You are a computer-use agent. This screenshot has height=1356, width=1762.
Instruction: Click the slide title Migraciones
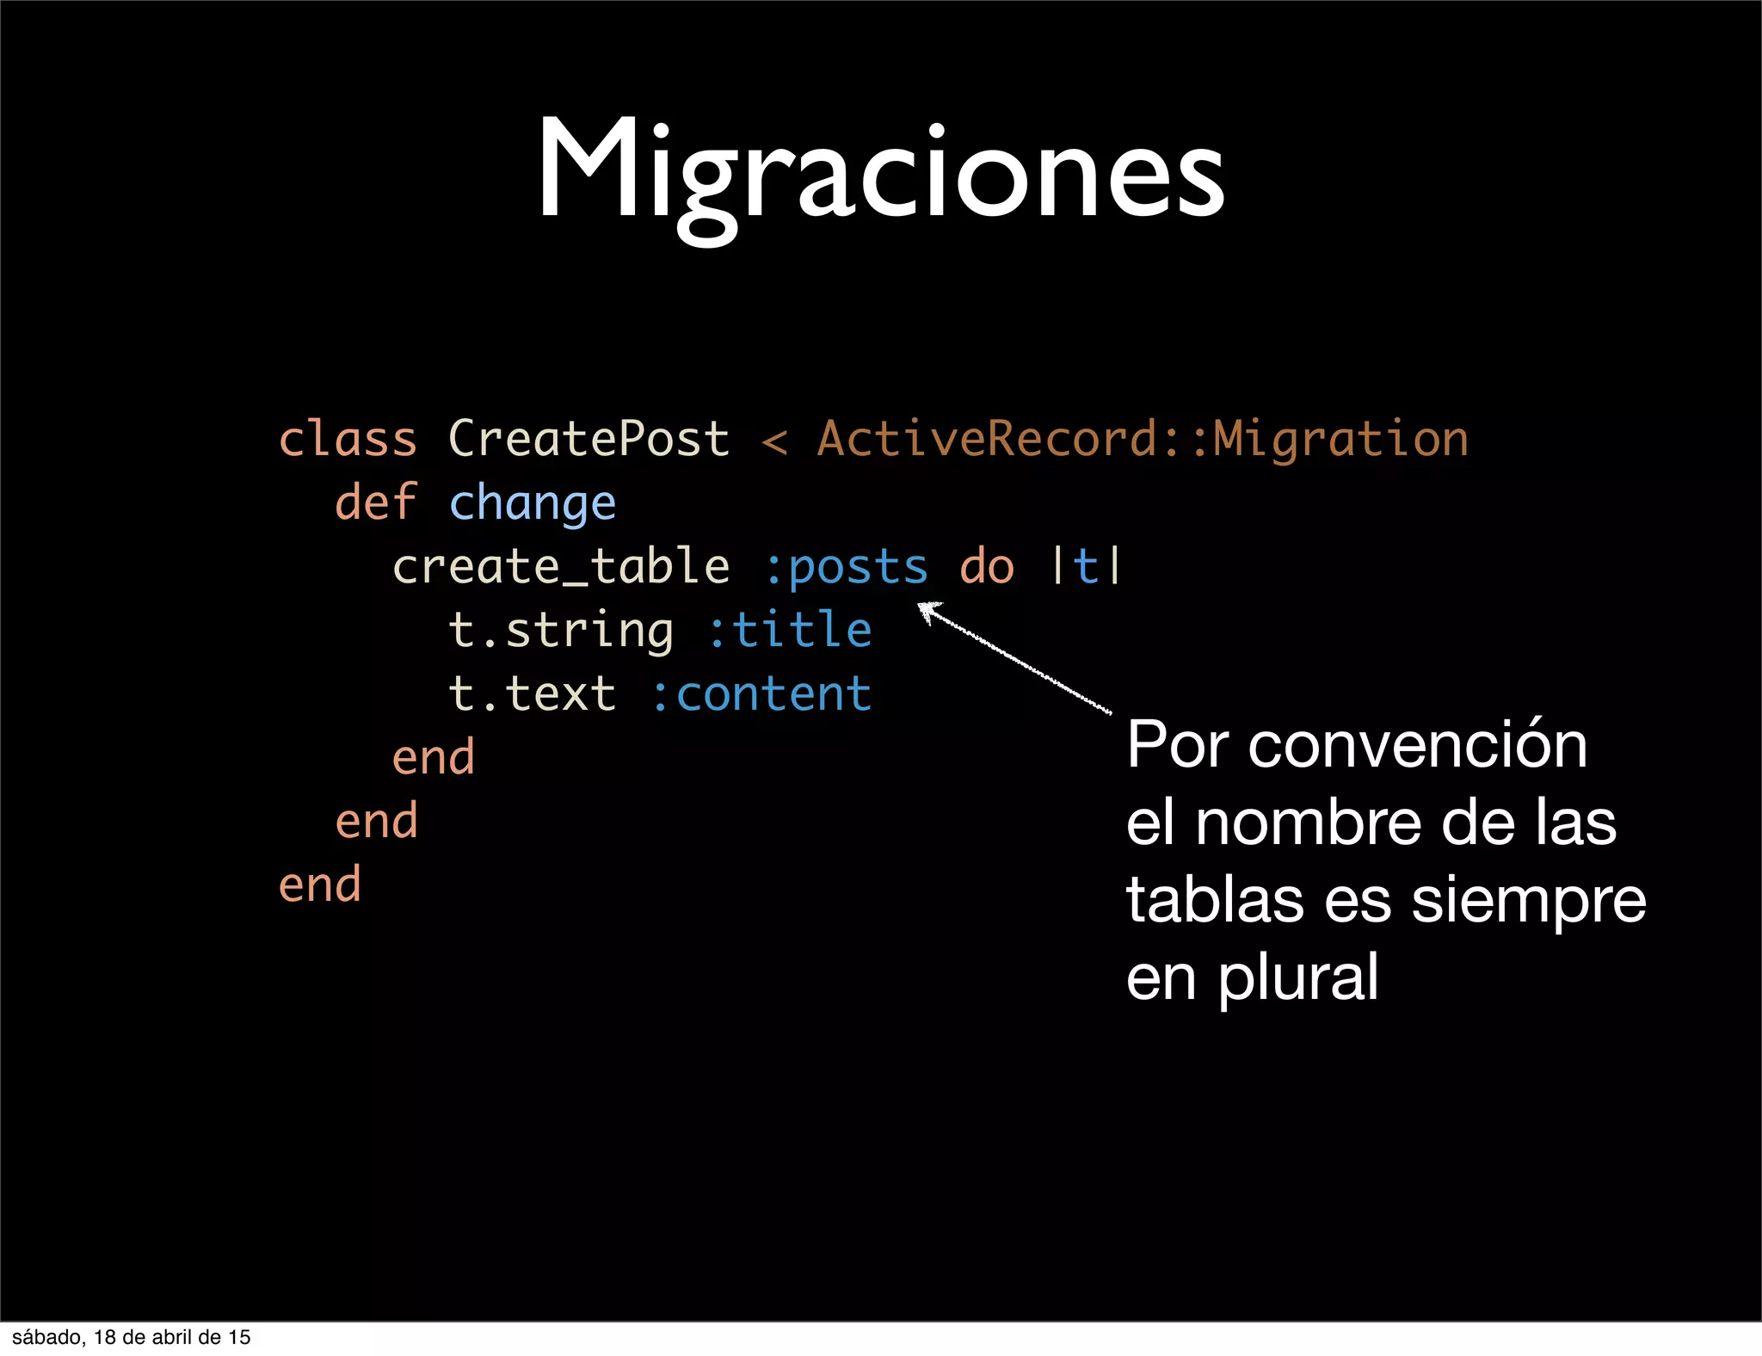[880, 172]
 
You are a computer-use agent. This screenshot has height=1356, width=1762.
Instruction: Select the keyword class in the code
[348, 440]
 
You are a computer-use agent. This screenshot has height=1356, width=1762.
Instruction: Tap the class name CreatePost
[588, 440]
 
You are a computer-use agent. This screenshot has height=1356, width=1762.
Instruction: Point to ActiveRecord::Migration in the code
[1142, 440]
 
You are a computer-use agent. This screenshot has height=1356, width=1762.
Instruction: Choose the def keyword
[376, 502]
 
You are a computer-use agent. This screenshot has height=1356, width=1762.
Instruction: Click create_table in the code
[561, 567]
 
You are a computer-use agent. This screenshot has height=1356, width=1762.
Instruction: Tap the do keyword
[987, 567]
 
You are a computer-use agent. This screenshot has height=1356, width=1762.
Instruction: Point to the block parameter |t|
[1086, 567]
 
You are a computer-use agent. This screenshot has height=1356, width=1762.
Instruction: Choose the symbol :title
[790, 630]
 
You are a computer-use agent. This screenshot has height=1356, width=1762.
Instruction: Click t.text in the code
[533, 693]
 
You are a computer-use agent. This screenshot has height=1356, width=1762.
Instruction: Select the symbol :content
[761, 693]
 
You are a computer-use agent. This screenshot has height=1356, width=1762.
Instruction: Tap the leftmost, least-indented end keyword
[320, 884]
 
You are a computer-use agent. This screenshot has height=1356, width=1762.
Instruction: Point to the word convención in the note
[1417, 745]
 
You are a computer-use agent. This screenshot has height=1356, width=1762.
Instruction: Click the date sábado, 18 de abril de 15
[132, 1337]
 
